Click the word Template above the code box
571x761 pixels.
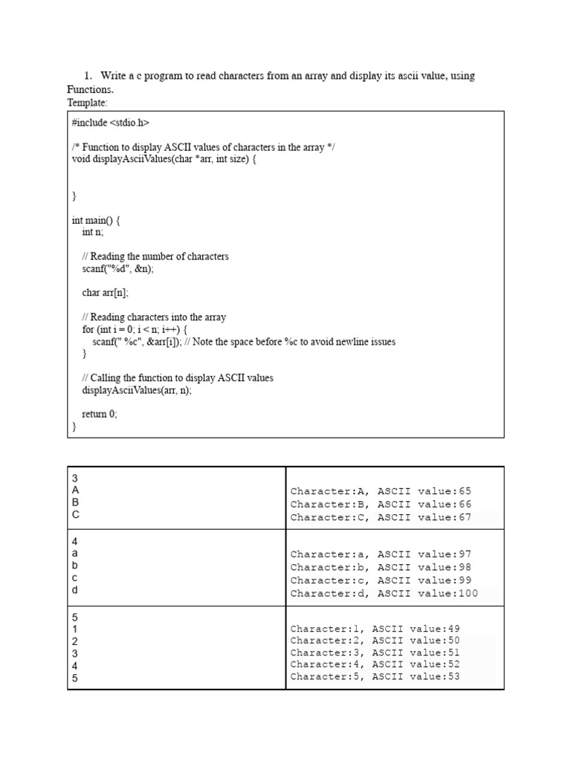pyautogui.click(x=87, y=103)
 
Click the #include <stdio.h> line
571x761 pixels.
pyautogui.click(x=110, y=123)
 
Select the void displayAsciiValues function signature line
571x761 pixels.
pyautogui.click(x=164, y=159)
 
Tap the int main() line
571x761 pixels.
pyautogui.click(x=96, y=220)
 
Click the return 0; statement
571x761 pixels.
pyautogui.click(x=100, y=415)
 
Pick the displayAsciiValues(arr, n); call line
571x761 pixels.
pyautogui.click(x=136, y=390)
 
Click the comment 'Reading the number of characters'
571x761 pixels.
pyautogui.click(x=155, y=256)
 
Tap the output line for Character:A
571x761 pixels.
pyautogui.click(x=381, y=491)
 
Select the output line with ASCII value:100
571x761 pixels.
pyautogui.click(x=384, y=593)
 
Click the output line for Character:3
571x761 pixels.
pyautogui.click(x=375, y=652)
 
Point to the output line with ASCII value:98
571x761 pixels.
pyautogui.click(x=381, y=567)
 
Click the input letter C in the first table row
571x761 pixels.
pyautogui.click(x=75, y=514)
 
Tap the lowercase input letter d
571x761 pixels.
pyautogui.click(x=75, y=590)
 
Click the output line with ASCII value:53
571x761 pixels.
pyautogui.click(x=375, y=677)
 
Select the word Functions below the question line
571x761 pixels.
pyautogui.click(x=90, y=89)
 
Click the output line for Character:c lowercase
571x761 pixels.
pyautogui.click(x=381, y=580)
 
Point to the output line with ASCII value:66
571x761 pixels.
pyautogui.click(x=381, y=504)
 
